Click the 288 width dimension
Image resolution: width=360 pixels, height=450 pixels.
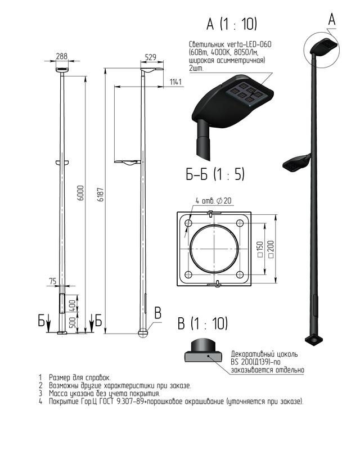62,56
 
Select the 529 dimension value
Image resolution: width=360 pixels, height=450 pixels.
151,57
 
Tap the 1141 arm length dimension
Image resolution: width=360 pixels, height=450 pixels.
175,82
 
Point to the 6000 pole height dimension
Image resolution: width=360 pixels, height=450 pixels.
81,193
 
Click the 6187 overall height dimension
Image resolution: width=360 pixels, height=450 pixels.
101,195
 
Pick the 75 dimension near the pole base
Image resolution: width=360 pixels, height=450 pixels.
53,281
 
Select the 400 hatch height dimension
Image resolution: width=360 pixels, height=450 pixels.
73,305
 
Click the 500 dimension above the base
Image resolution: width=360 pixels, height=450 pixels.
73,323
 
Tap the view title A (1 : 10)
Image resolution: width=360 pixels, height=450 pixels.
231,24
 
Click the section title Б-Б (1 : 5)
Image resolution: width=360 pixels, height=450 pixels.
215,174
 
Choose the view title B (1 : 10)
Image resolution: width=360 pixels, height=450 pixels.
202,323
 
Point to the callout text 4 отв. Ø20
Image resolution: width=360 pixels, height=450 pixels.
214,201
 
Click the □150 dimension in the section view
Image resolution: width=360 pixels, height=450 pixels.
260,249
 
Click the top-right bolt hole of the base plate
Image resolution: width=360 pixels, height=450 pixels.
240,223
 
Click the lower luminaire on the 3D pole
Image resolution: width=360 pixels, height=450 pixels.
296,163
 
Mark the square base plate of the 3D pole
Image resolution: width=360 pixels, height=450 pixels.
314,340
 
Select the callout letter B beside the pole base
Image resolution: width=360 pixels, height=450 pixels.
157,313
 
